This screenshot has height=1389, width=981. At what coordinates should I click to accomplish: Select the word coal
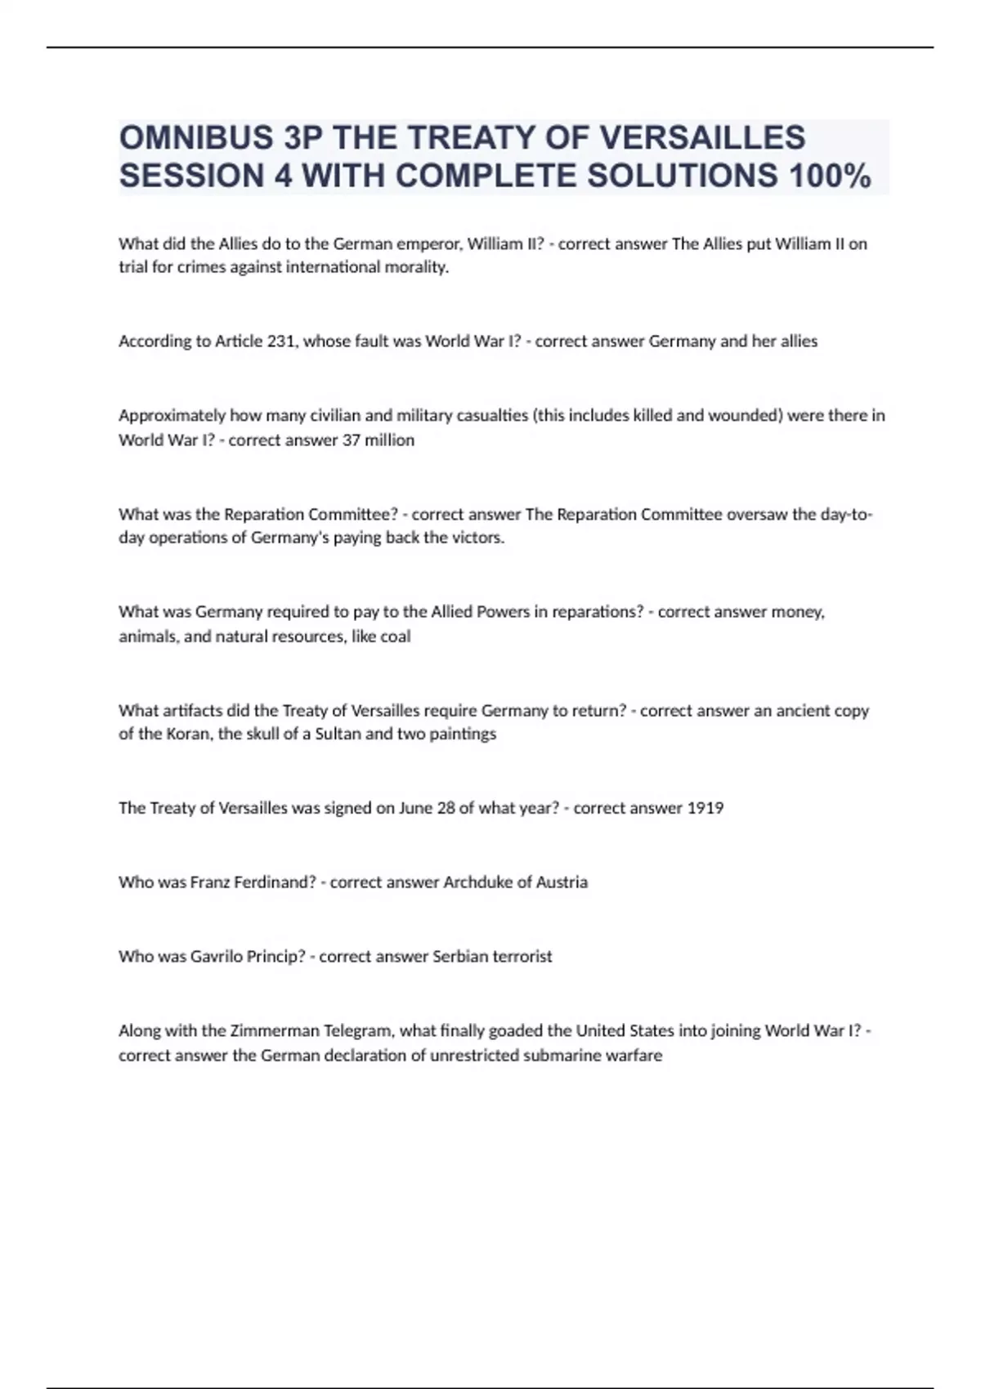(x=396, y=636)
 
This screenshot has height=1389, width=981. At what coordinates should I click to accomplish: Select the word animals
(x=148, y=636)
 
